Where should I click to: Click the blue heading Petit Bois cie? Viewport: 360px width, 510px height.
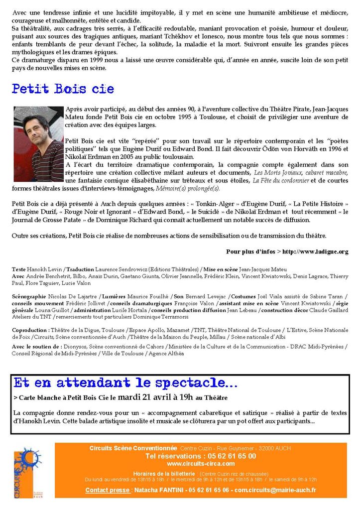63,89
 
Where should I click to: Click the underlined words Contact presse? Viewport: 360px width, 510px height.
108,490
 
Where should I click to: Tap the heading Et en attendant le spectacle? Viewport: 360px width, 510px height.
125,383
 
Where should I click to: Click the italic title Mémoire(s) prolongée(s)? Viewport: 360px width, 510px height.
188,189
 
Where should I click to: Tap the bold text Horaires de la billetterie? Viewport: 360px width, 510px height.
164,473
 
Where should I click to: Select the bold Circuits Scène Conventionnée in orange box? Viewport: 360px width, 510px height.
133,448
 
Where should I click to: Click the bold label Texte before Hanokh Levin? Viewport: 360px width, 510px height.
19,269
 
